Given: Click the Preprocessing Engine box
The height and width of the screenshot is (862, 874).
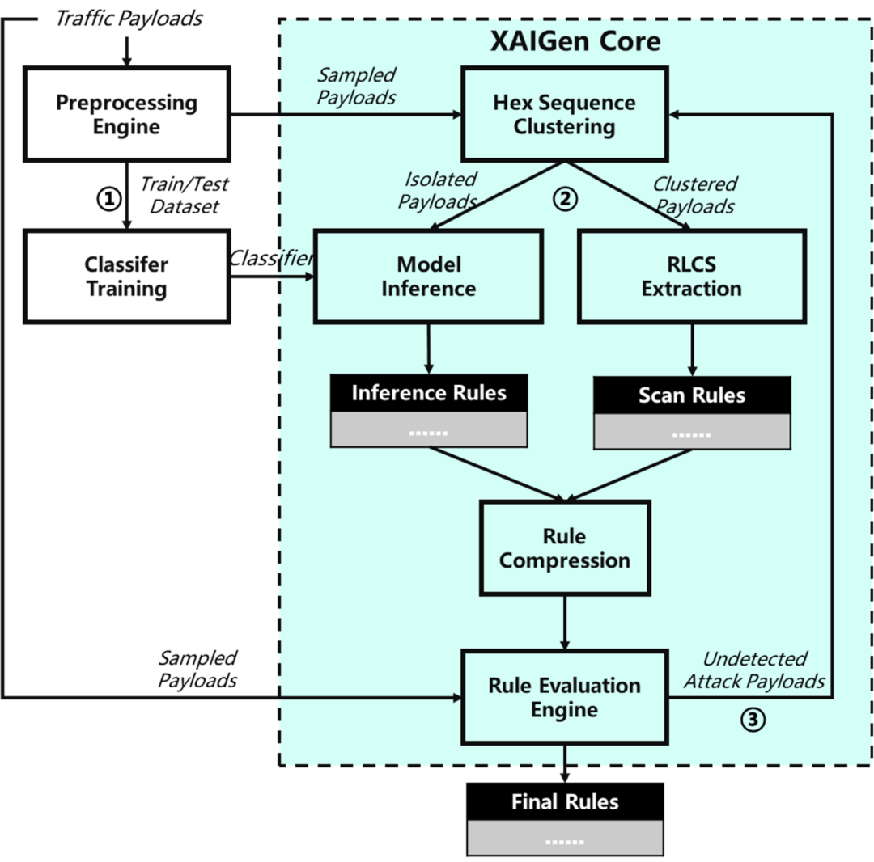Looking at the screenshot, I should tap(127, 114).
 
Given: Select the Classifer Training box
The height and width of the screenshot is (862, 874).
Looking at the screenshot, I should tap(127, 277).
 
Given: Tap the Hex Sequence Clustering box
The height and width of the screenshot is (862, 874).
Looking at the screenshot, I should tap(564, 114).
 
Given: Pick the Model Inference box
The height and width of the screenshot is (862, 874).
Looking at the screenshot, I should tap(429, 277).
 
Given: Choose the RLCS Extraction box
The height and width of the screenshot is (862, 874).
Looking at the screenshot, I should tap(691, 277).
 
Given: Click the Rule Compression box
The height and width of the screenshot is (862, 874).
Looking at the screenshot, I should tap(564, 548).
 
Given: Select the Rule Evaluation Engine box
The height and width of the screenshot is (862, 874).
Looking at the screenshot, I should tap(564, 697).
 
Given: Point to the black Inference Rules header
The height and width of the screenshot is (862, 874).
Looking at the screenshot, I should tap(429, 393).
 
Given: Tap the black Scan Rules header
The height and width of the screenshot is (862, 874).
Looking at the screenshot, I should tap(692, 395).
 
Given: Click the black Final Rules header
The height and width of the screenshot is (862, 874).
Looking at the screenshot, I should tap(565, 802).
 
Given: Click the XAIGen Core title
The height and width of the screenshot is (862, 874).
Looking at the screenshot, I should tap(575, 42).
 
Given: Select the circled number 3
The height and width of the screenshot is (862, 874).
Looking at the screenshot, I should tap(753, 720).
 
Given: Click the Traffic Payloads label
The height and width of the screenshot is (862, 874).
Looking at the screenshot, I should tap(128, 19).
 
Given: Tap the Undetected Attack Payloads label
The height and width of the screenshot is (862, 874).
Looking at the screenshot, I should tap(754, 670).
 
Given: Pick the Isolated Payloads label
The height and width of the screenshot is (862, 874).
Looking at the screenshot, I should tap(437, 190).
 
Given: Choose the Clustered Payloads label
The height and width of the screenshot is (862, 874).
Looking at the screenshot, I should tap(694, 195).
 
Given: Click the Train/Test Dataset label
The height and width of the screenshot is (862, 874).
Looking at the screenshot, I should tap(185, 195).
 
